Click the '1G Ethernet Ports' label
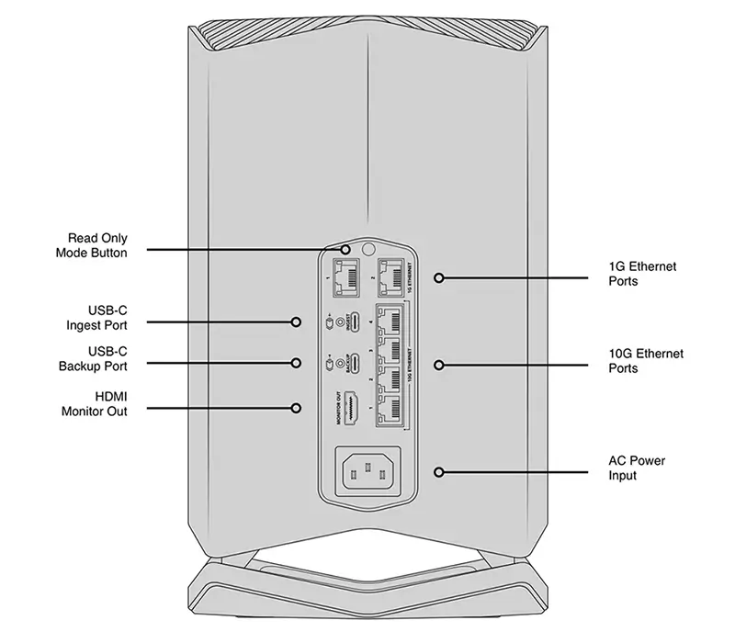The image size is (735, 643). pyautogui.click(x=641, y=274)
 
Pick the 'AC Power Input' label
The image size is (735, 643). pyautogui.click(x=637, y=468)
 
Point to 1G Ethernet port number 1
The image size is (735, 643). pyautogui.click(x=347, y=274)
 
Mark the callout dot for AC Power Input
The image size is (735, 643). pyautogui.click(x=439, y=472)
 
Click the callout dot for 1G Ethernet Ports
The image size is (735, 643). pyautogui.click(x=439, y=276)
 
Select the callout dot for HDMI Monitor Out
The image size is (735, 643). pyautogui.click(x=297, y=406)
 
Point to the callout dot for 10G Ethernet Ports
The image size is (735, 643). pyautogui.click(x=439, y=365)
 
